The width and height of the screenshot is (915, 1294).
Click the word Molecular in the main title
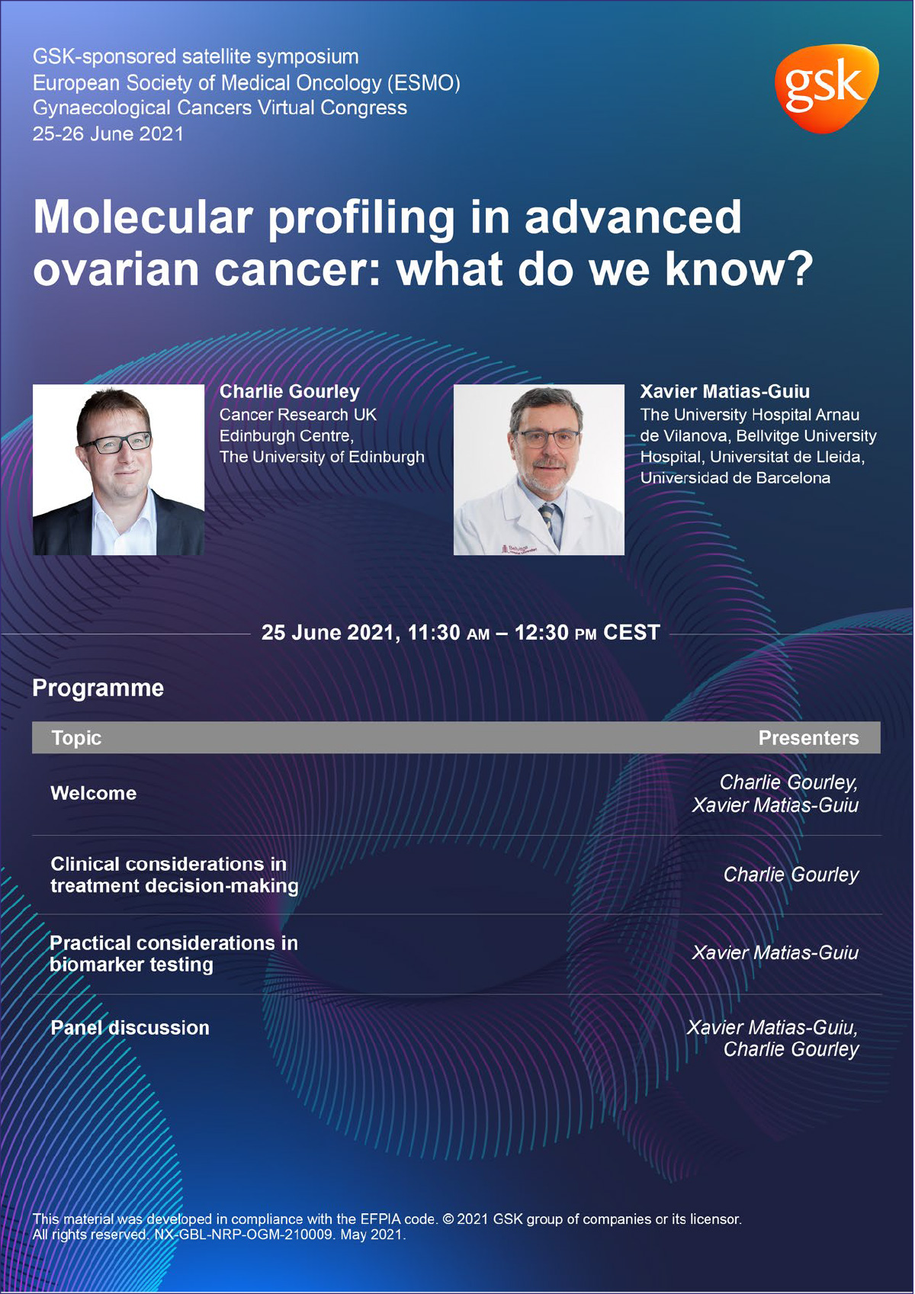(143, 217)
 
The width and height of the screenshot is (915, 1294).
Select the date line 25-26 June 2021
(108, 134)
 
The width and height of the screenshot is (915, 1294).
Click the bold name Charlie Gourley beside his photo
(289, 391)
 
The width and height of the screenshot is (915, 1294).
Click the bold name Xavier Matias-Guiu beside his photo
(724, 391)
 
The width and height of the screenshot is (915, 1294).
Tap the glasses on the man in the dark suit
(116, 442)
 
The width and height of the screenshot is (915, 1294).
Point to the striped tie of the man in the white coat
(547, 519)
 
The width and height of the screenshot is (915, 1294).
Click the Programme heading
(98, 688)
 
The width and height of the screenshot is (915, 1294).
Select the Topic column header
(76, 738)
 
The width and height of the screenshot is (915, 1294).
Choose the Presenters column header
(807, 738)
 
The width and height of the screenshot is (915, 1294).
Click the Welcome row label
(93, 793)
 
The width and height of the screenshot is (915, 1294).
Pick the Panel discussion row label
(130, 1028)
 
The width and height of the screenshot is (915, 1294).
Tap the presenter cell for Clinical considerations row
(791, 875)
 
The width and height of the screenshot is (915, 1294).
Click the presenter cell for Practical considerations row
(775, 953)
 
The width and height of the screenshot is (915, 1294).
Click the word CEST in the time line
(631, 633)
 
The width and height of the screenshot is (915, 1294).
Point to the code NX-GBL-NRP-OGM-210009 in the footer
(244, 1235)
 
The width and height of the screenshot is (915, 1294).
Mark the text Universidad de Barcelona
(734, 478)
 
